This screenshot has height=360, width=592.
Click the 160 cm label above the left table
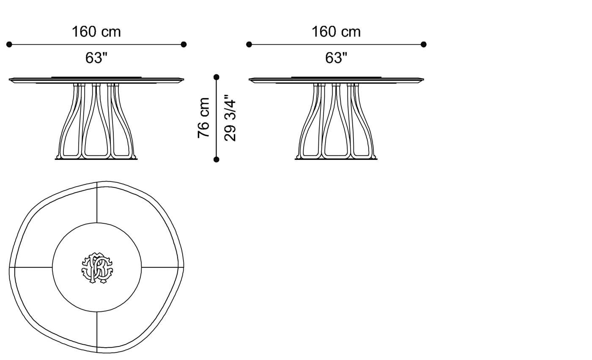tap(96, 32)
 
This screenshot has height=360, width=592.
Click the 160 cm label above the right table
tap(336, 32)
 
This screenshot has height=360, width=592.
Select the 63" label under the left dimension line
tap(96, 58)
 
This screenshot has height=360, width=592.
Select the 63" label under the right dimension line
tap(336, 58)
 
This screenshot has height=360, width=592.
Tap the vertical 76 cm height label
tap(204, 118)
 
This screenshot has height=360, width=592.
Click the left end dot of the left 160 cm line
tap(9, 44)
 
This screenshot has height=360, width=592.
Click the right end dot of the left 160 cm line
tap(184, 44)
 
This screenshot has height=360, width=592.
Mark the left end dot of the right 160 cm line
tap(249, 44)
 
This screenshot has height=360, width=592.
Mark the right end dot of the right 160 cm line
tap(424, 44)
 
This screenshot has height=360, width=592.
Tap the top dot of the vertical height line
tap(217, 77)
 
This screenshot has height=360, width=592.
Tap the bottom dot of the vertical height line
tap(217, 159)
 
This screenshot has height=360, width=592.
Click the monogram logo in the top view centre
tap(97, 268)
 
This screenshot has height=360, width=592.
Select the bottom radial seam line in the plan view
tap(97, 332)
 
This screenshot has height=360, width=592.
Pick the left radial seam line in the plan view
tap(33, 267)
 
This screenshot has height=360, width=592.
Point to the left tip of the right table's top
tap(250, 79)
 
